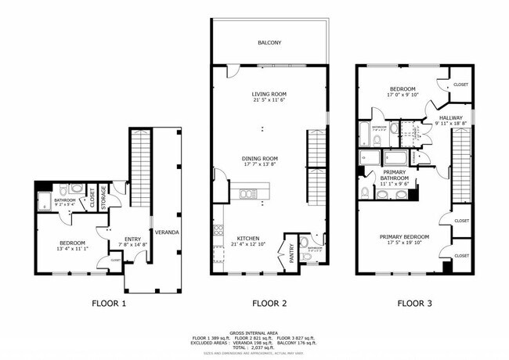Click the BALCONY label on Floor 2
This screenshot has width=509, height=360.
pos(269,42)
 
